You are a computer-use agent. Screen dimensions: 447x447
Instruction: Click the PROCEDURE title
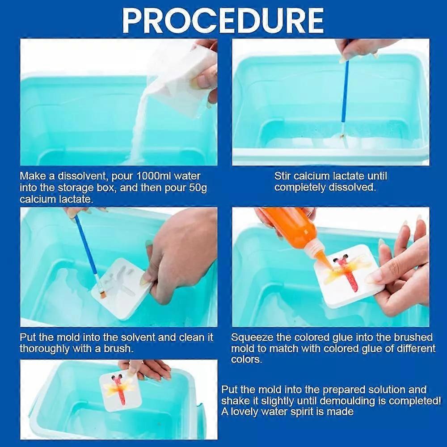[x=223, y=20]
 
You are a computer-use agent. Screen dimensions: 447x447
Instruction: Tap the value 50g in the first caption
[x=197, y=188]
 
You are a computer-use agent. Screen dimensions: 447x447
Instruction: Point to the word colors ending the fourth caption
[x=245, y=359]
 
